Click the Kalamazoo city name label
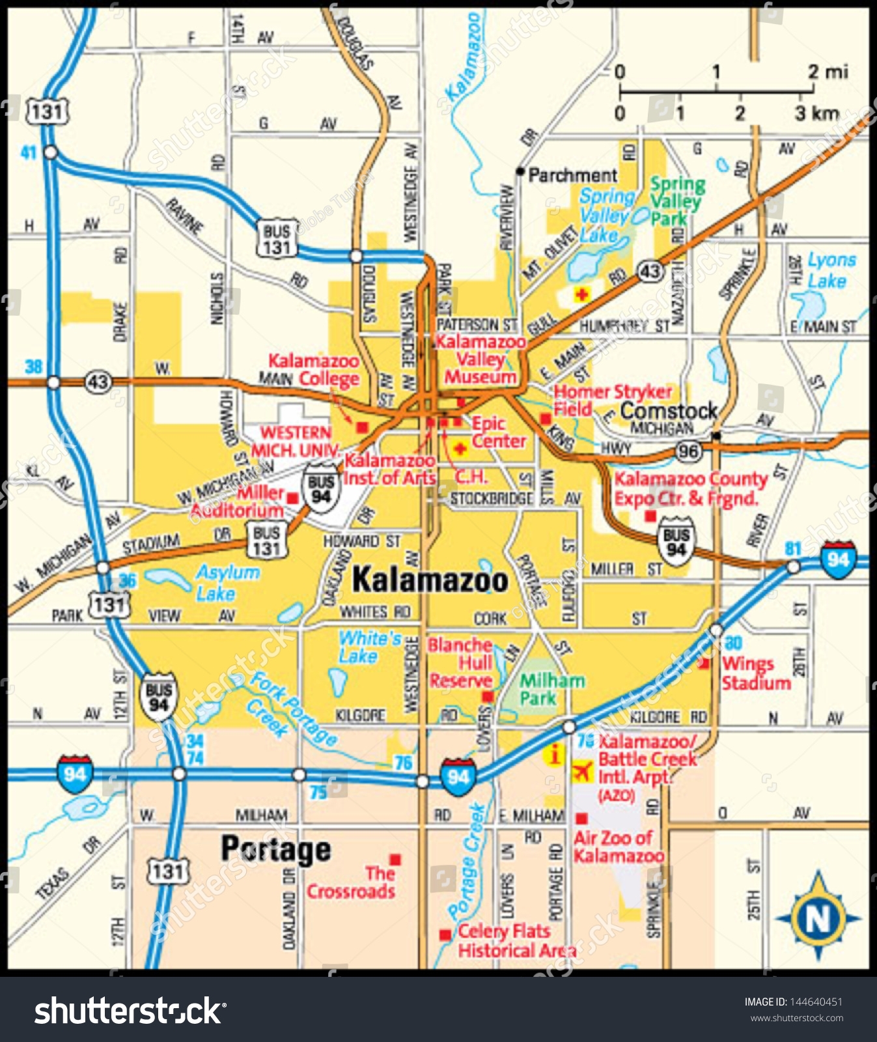click(x=430, y=580)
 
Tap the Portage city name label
click(x=276, y=850)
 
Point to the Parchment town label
click(x=572, y=175)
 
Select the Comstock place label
click(x=669, y=411)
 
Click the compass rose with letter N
click(x=818, y=918)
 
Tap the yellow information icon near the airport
click(x=555, y=755)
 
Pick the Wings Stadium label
click(x=755, y=673)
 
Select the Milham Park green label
click(x=551, y=690)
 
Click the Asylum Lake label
click(x=227, y=583)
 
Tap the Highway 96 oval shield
click(x=688, y=451)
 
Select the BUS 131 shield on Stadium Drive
click(x=267, y=541)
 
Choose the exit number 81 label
click(x=792, y=548)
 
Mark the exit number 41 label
click(x=28, y=153)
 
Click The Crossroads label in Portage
click(x=352, y=882)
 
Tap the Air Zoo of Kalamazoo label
click(x=618, y=847)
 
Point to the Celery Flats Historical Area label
click(x=514, y=941)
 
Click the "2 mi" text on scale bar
click(x=828, y=72)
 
